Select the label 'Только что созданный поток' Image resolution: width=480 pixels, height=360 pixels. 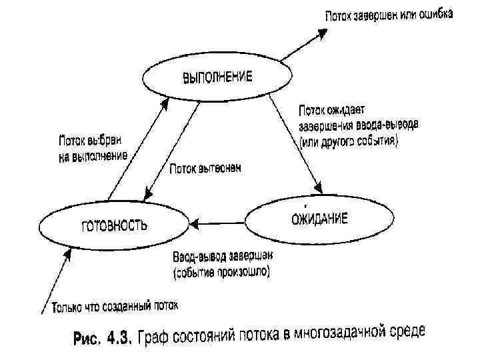[115, 307]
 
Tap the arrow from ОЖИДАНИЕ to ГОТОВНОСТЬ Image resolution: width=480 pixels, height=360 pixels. [220, 221]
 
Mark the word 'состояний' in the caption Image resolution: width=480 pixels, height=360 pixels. [209, 336]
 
